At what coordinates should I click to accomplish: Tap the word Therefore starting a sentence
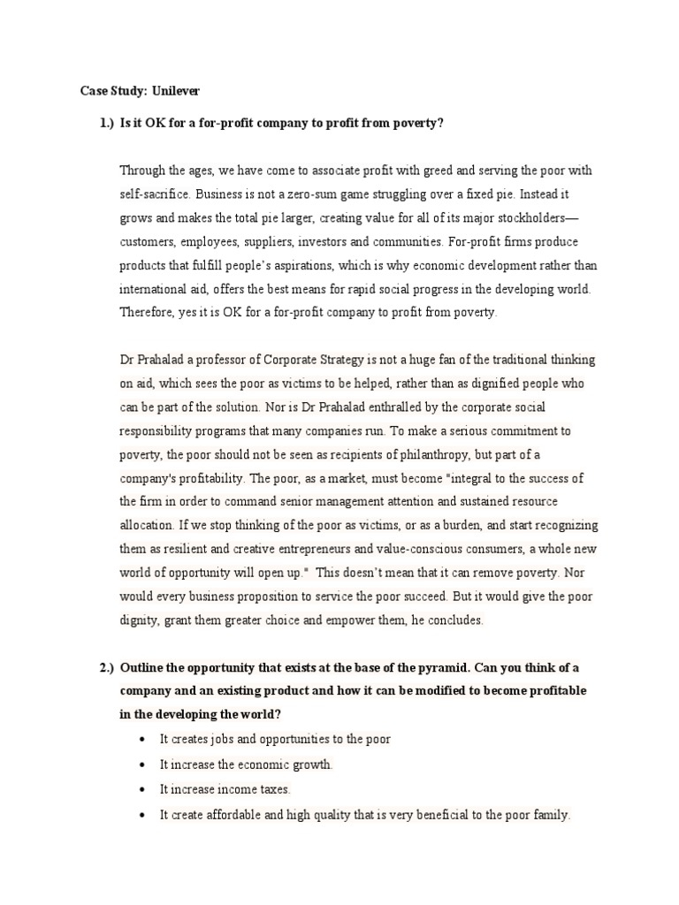146,312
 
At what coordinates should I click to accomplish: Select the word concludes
452,620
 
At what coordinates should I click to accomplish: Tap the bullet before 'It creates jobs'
143,739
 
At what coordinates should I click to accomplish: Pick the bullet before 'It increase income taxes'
143,789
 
